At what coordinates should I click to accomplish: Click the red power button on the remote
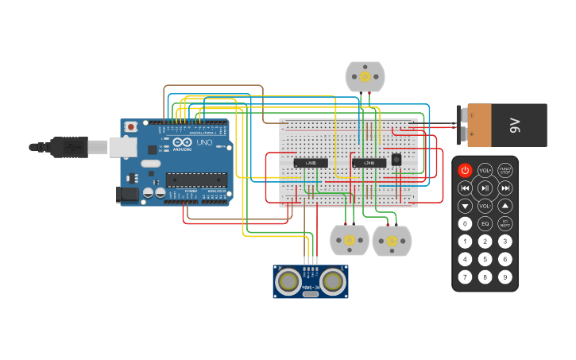[x=465, y=170]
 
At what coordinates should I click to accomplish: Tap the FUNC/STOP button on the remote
[x=504, y=170]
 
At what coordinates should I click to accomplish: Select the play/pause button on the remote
[x=485, y=188]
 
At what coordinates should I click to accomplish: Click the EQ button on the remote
[x=485, y=224]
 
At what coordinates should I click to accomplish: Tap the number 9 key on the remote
[x=504, y=277]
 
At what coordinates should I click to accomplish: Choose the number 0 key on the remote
[x=465, y=224]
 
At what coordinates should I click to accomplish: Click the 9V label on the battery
[x=514, y=125]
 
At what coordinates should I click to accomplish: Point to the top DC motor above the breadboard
[x=365, y=76]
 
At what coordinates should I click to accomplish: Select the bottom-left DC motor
[x=350, y=240]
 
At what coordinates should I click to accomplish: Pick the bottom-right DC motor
[x=392, y=241]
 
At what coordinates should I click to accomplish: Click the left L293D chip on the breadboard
[x=311, y=162]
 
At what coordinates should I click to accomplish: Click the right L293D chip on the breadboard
[x=369, y=162]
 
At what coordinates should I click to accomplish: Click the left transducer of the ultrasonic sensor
[x=288, y=281]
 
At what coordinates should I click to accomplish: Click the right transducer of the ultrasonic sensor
[x=333, y=281]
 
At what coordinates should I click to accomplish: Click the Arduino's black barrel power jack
[x=126, y=194]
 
